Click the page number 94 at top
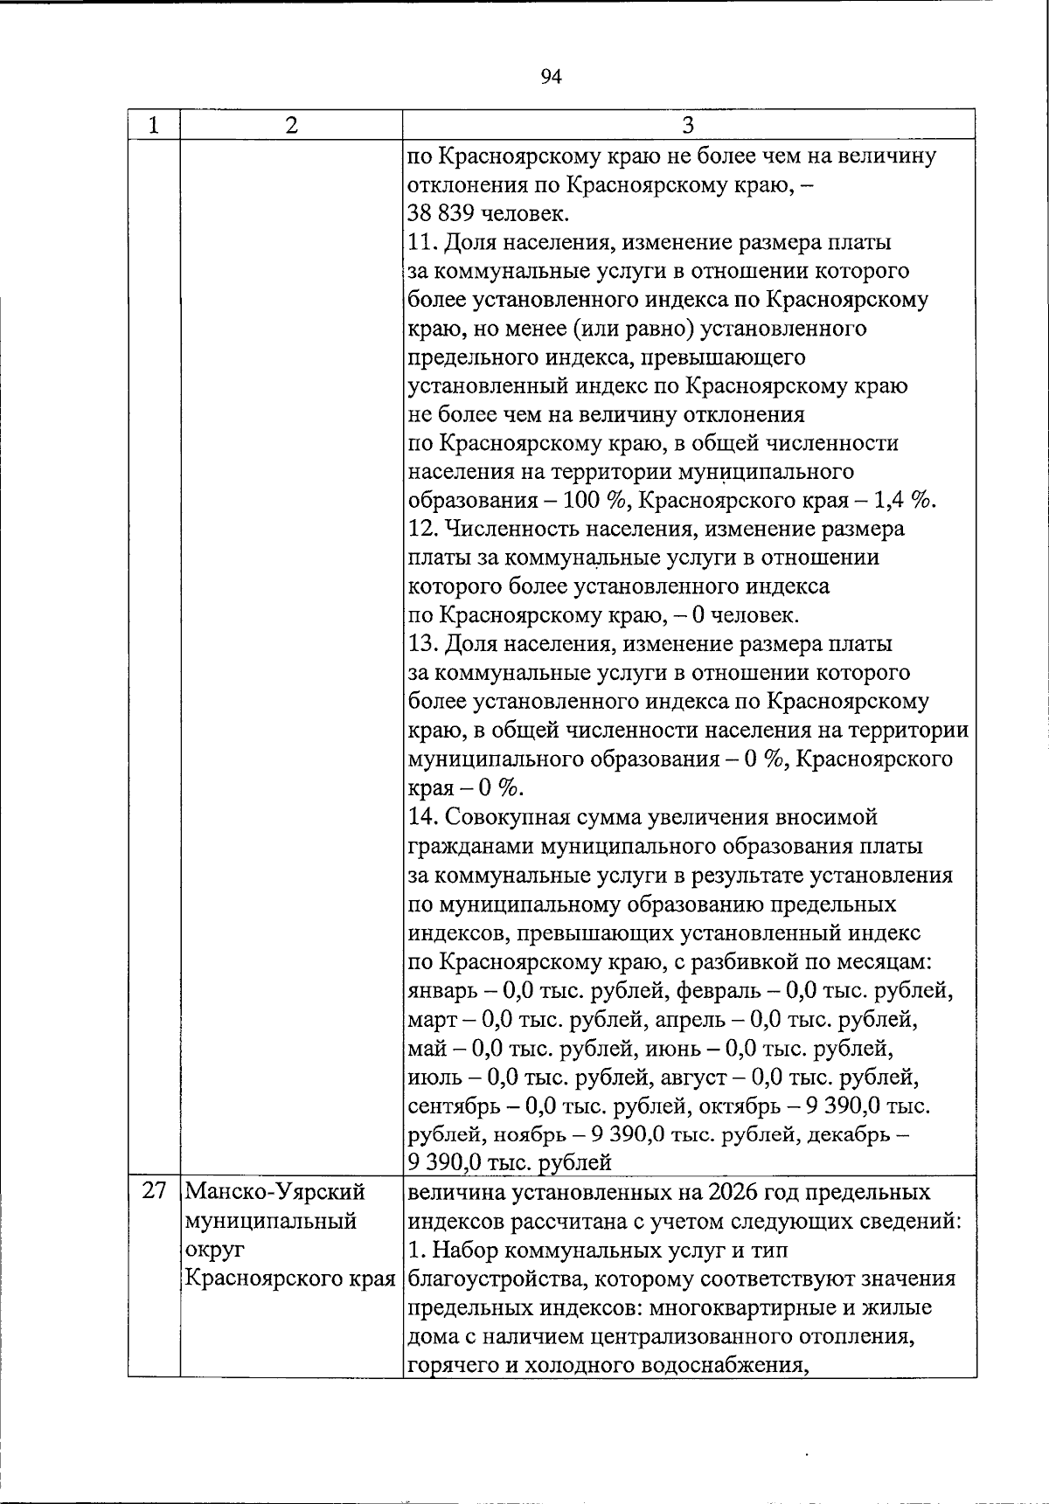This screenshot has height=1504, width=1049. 551,77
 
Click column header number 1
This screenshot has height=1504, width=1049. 154,125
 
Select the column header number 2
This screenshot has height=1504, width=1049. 290,125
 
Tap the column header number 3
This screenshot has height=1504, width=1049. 688,125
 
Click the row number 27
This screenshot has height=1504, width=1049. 154,1192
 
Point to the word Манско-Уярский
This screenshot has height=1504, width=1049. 275,1192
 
